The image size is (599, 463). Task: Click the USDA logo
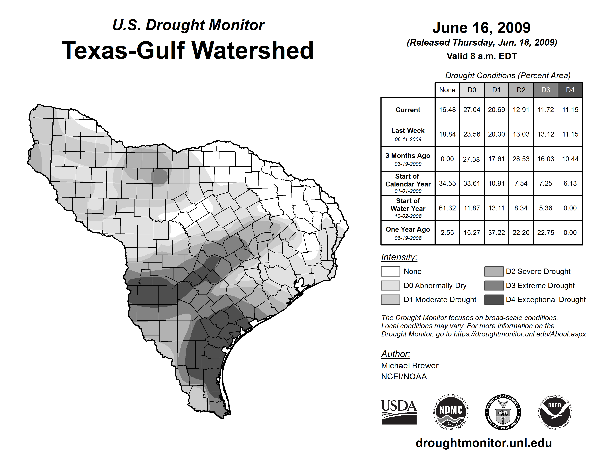click(399, 412)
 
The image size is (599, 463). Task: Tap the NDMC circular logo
click(451, 412)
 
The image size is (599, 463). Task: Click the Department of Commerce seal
click(503, 412)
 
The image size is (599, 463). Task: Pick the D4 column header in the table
click(570, 90)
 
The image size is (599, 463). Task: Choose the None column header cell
click(447, 90)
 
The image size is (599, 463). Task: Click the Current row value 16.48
click(447, 110)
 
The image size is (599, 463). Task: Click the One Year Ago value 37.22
click(496, 233)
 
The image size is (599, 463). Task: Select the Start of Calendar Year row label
click(408, 183)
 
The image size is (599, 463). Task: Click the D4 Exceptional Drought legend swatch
click(494, 300)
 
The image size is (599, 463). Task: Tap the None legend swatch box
click(390, 271)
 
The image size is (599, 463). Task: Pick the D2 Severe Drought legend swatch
click(494, 271)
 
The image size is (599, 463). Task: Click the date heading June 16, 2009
click(481, 28)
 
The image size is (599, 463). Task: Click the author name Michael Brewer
click(410, 366)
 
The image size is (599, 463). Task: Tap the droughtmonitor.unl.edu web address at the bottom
click(484, 443)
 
